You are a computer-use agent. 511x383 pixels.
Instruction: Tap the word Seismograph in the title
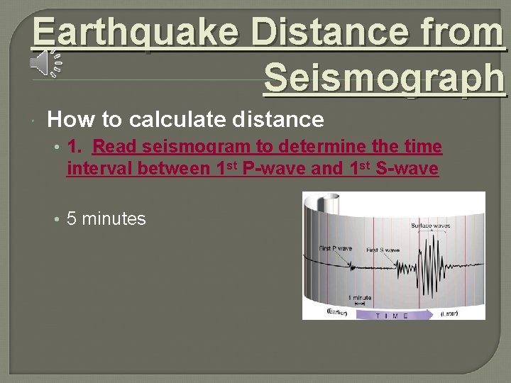point(384,79)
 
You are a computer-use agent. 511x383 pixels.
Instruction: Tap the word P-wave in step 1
point(274,170)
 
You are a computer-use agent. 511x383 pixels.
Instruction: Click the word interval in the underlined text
point(99,170)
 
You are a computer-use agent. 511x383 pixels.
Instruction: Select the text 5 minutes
point(106,219)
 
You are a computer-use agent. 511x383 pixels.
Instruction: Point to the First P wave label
point(336,248)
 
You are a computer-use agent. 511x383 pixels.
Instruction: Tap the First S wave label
point(383,250)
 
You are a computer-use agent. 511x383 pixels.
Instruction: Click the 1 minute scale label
point(360,297)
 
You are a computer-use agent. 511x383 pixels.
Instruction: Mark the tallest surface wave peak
point(428,241)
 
